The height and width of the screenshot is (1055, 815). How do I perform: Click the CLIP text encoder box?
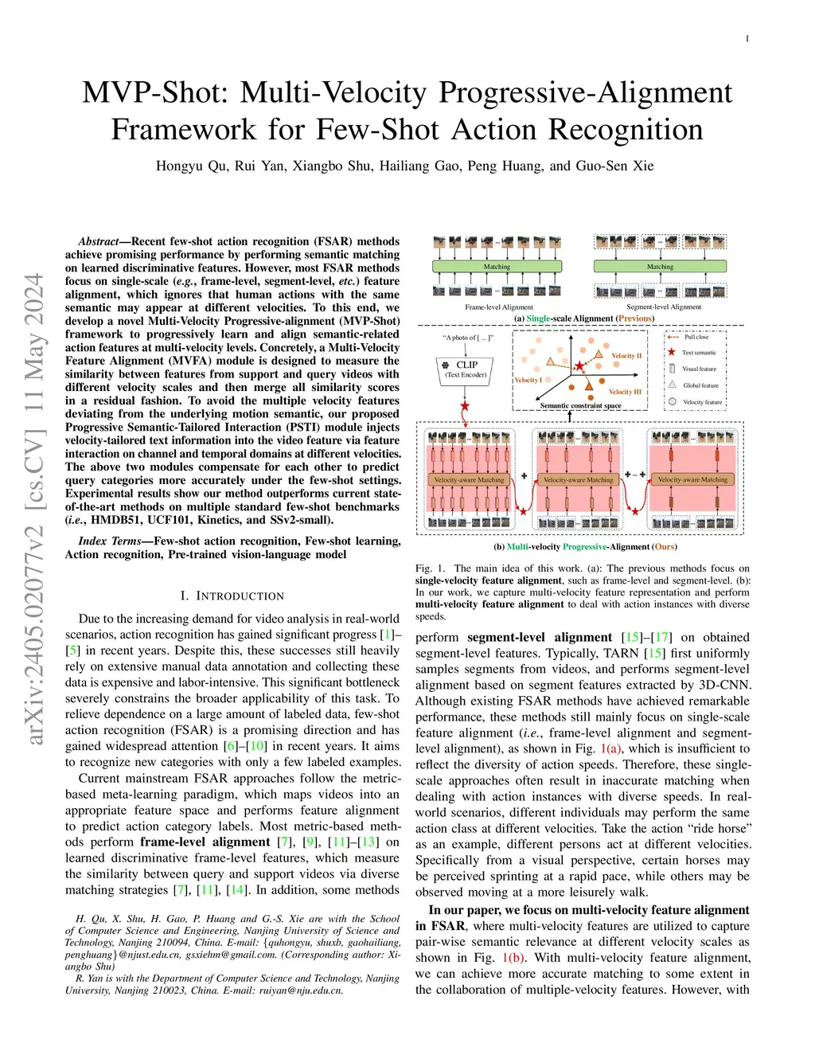point(466,369)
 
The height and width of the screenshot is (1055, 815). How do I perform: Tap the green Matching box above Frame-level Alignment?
point(497,267)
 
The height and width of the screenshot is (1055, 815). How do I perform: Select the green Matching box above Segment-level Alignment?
point(660,267)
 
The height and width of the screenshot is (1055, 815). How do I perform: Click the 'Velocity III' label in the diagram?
point(625,392)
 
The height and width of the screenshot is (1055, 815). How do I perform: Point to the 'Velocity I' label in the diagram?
point(527,380)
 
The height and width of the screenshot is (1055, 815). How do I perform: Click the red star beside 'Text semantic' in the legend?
point(672,352)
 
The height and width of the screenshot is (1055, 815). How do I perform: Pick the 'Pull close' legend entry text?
point(696,337)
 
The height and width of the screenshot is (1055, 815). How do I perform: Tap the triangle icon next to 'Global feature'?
point(672,385)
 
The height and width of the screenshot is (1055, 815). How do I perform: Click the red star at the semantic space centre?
point(579,365)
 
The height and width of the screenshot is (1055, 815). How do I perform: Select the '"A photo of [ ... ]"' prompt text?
point(468,338)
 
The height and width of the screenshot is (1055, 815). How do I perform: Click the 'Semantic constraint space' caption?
point(580,405)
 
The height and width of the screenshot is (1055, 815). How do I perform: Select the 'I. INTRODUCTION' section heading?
point(232,596)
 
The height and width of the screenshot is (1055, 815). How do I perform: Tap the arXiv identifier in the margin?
point(34,510)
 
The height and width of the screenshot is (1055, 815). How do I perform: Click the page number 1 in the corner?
point(747,38)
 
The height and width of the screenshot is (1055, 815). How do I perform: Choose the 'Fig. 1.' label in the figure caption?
point(431,569)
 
